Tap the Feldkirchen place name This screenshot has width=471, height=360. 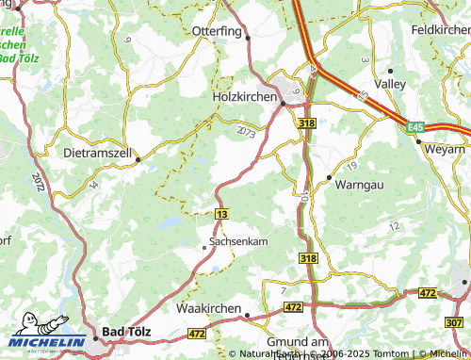(440, 29)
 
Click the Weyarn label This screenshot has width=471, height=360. (446, 150)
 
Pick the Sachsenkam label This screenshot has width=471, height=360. (238, 241)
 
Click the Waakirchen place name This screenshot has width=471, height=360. (210, 307)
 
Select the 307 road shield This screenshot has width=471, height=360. (455, 323)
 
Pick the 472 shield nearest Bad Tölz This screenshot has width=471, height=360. (197, 333)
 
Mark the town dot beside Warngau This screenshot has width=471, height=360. (329, 177)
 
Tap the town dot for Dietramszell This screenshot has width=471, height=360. (138, 159)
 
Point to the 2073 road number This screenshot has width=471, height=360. (247, 130)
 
